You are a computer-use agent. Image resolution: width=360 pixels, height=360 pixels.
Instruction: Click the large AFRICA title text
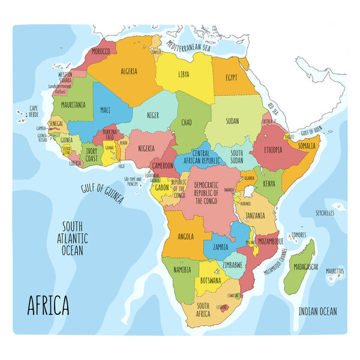click(48, 305)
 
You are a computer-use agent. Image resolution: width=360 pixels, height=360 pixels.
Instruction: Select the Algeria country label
click(130, 71)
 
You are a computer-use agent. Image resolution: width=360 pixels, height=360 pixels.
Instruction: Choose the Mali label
click(105, 110)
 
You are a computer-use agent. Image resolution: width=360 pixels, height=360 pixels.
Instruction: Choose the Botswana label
click(211, 280)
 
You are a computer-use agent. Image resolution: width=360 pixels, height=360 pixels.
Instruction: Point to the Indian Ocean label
click(317, 311)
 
